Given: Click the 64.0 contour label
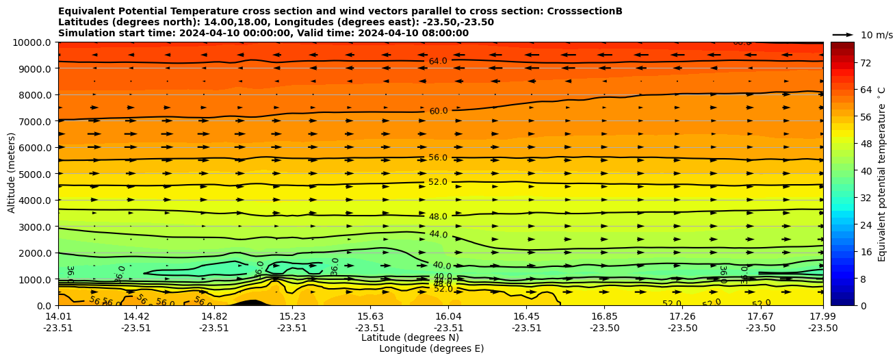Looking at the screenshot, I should pos(438,62).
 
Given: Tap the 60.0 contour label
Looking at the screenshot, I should pos(438,111).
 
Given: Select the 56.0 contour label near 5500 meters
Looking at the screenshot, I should pos(438,157).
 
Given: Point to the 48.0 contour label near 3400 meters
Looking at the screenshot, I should pos(438,217).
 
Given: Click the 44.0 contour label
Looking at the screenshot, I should pos(438,235).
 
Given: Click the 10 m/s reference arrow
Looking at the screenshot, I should pos(842,34).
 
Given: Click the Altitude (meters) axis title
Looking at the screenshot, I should pos(12,174).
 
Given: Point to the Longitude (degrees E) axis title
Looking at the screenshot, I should pos(431,349).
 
